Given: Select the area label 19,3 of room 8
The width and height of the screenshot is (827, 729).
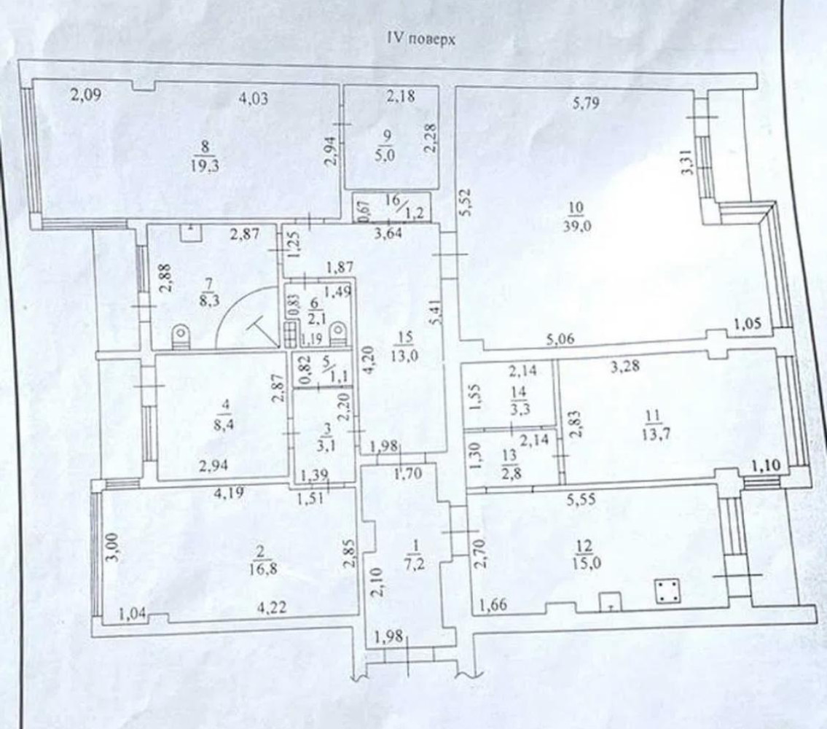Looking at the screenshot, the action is coord(205,165).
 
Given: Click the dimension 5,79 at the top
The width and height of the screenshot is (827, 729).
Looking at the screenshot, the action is coord(586,102).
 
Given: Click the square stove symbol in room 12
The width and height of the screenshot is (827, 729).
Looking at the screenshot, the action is coord(667,591).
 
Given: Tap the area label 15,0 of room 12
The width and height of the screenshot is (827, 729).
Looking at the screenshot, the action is coord(587,564).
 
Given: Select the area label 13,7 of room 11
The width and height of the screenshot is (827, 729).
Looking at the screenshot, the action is coord(652,435).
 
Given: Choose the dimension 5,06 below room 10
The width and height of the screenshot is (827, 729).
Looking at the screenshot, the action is coord(560,340).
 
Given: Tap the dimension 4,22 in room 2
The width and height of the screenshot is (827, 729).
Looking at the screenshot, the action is coord(272,608).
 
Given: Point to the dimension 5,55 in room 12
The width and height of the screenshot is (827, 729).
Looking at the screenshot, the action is coord(581,499).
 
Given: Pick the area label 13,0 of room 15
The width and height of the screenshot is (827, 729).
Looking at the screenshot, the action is coord(405,355).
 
